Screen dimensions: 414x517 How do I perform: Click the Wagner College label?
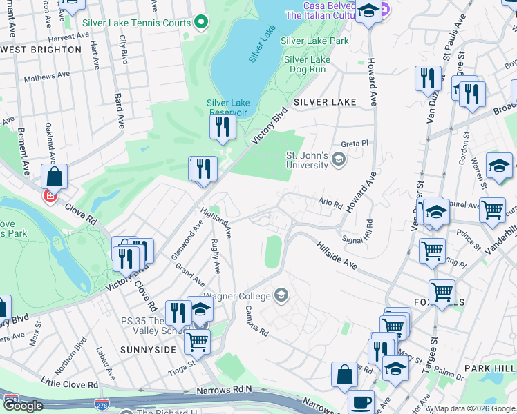pos(242,297)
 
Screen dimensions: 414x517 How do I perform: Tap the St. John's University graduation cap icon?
pos(338,160)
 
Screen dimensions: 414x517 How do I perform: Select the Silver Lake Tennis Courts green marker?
pos(201,23)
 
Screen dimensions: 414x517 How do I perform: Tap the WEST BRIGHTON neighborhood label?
pos(41,50)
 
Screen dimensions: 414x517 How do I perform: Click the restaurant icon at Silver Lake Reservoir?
pos(222,126)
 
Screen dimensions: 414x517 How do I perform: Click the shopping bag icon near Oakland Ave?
pos(54,177)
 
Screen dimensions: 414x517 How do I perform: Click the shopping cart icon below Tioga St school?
pos(198,340)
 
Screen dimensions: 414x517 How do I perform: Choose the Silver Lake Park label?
pos(314,41)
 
